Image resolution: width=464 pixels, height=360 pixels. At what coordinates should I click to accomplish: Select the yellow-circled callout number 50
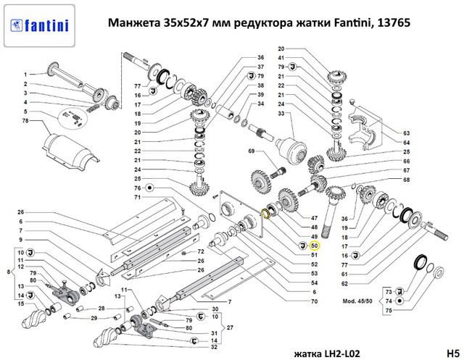pos(314,246)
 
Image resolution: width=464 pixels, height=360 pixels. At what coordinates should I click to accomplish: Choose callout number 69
pos(251,151)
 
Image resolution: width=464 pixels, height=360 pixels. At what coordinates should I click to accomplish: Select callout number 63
pos(407,133)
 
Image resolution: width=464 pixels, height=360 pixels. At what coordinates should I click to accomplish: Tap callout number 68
pos(407,179)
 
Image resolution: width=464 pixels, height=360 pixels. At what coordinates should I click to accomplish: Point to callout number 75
pos(388,310)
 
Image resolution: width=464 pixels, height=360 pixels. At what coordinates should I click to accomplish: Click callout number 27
pos(231,327)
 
